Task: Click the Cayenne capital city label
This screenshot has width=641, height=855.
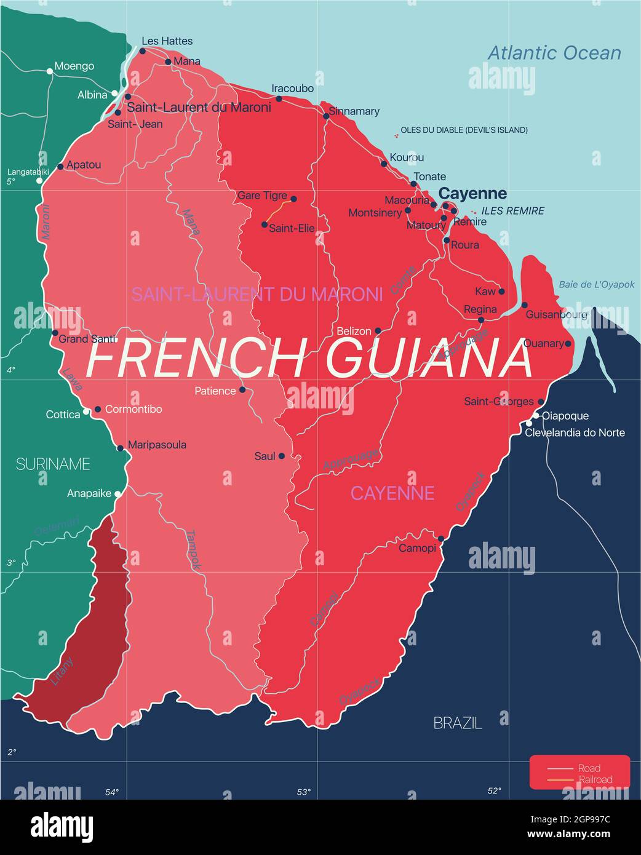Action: click(x=472, y=194)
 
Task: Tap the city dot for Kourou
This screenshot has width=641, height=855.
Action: click(x=384, y=164)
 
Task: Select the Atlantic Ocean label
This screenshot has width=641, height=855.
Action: click(x=554, y=53)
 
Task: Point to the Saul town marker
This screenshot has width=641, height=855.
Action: click(x=281, y=456)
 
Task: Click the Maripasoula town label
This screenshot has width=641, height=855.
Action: click(x=157, y=445)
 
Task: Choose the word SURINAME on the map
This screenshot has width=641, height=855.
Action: click(x=53, y=464)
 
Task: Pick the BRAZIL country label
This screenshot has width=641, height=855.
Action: click(x=458, y=723)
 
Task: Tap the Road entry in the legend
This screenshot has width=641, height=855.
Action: click(x=589, y=768)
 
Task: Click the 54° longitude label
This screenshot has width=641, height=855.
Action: click(x=111, y=792)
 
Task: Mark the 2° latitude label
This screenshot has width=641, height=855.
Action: click(x=11, y=752)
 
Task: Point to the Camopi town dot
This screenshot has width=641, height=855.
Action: click(x=441, y=538)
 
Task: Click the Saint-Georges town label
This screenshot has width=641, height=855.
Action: click(x=499, y=402)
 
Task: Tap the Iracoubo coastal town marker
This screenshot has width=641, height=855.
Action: click(x=279, y=98)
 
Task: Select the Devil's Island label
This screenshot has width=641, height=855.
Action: click(x=464, y=130)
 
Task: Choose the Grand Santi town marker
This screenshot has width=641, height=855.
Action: click(x=55, y=333)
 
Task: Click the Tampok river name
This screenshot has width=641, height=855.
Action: click(x=194, y=549)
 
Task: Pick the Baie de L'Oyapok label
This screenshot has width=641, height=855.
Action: click(x=596, y=285)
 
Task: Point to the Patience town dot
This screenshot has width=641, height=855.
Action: click(x=242, y=389)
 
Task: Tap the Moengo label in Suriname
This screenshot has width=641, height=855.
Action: click(x=74, y=66)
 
